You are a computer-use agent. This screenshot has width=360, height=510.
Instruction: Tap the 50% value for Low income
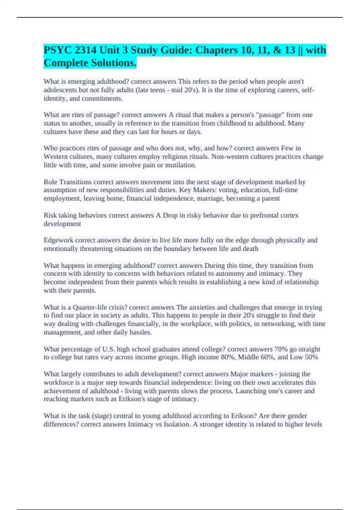pos(311,357)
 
